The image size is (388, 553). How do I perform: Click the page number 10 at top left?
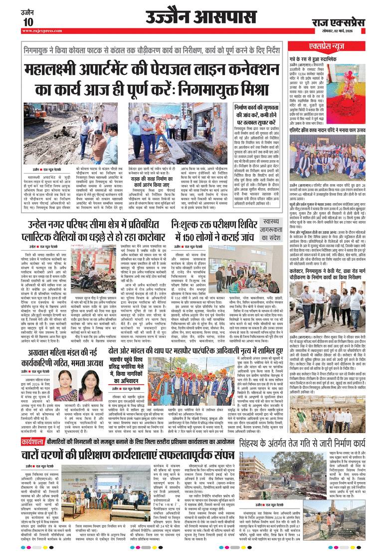click(28, 21)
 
